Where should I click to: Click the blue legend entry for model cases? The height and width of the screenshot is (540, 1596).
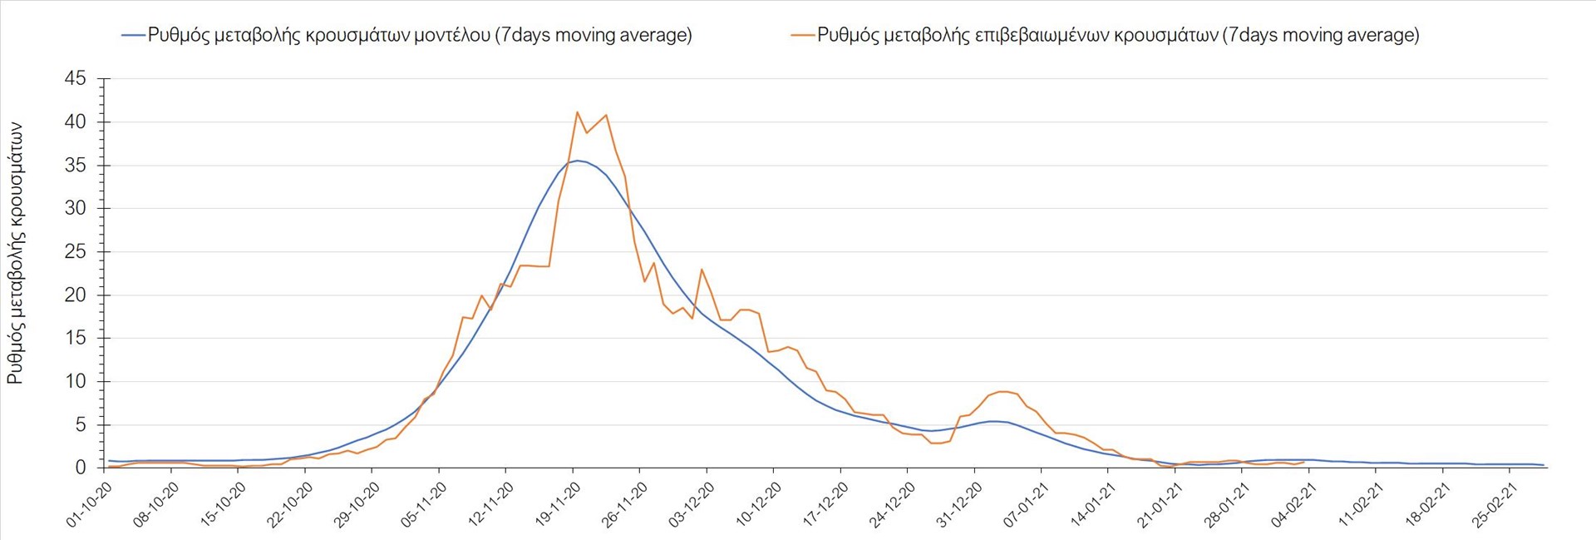pos(407,35)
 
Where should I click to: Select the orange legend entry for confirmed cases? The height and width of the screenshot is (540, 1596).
pos(1106,35)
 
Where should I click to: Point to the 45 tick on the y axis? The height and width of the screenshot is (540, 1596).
pos(76,79)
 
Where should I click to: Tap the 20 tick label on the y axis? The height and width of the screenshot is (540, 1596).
pos(76,295)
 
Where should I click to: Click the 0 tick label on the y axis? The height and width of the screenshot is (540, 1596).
pos(81,468)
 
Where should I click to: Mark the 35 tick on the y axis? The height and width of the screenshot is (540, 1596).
pos(76,166)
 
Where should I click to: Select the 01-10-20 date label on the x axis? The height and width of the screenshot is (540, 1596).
pos(90,504)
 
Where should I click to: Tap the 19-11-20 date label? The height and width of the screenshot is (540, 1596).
pos(559,504)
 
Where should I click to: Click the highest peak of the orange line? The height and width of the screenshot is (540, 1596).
pos(577,111)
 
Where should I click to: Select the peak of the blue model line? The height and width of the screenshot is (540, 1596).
pos(577,161)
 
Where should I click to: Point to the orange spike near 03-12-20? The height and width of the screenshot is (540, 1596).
pos(702,269)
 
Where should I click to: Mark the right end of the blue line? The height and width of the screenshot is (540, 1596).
pos(1544,465)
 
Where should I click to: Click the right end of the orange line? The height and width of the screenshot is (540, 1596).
pos(1303,462)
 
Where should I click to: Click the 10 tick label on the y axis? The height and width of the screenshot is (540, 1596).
pos(76,382)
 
